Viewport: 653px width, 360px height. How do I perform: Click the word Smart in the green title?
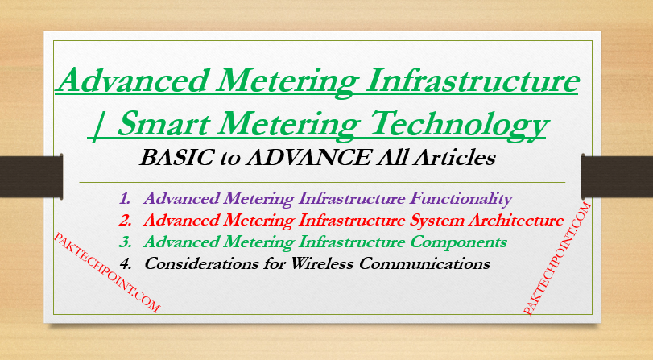(173, 124)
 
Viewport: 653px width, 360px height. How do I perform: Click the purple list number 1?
(125, 198)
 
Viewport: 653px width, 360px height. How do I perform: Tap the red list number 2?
(125, 219)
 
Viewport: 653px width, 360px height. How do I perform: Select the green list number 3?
(125, 242)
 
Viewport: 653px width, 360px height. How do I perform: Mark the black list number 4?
(125, 263)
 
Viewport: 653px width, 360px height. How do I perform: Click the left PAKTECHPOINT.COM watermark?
(105, 272)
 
